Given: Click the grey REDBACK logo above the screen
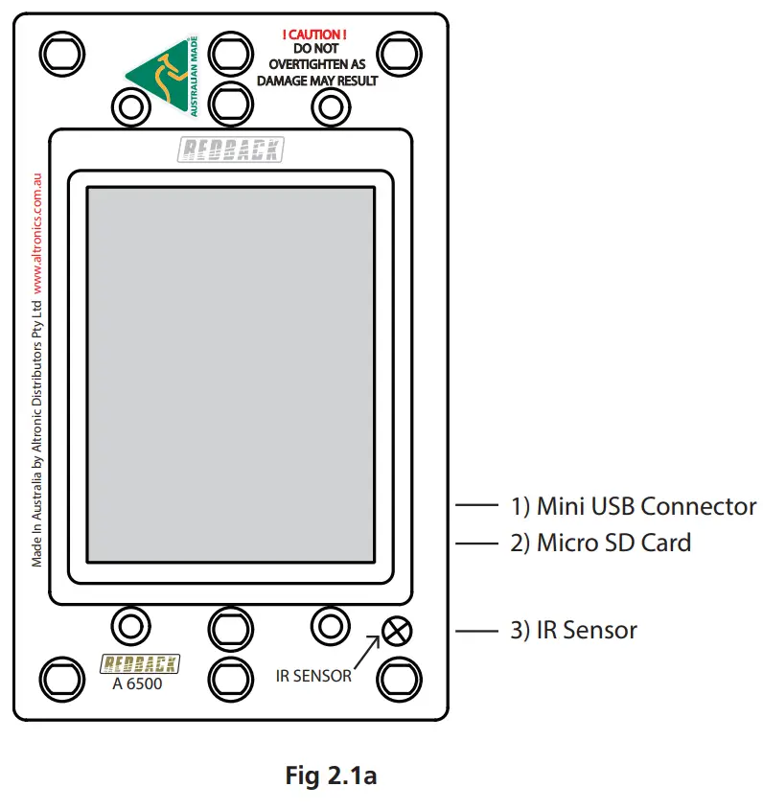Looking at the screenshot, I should [230, 149].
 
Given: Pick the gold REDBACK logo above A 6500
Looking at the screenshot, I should [140, 663].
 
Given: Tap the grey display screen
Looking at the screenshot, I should [230, 374].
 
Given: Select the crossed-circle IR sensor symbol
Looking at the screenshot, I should [396, 631].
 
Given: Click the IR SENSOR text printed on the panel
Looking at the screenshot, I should [313, 677].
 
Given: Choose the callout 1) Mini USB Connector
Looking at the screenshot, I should [633, 506].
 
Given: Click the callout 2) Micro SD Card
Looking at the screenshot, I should [600, 543].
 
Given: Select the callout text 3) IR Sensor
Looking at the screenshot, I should [573, 631].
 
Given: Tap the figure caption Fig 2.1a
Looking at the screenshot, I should [331, 775].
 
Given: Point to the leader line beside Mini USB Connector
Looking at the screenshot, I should [475, 506].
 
